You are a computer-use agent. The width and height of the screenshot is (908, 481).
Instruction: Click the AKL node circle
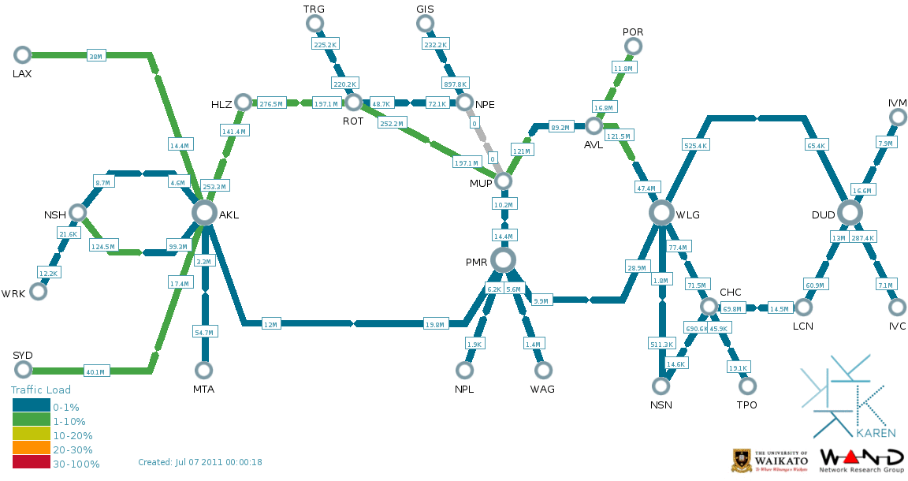(x=204, y=212)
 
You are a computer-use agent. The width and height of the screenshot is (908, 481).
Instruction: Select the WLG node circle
(x=663, y=212)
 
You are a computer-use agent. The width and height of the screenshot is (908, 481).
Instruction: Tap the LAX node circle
(x=22, y=54)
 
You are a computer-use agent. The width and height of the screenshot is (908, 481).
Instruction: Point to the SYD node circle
(x=22, y=370)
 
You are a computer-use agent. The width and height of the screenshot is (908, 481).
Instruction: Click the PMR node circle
(x=503, y=259)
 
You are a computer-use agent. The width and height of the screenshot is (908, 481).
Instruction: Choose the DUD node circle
(x=850, y=212)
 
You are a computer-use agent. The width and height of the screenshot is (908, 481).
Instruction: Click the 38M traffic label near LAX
(x=95, y=56)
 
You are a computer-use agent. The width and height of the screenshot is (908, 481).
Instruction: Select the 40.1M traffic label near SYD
(x=95, y=371)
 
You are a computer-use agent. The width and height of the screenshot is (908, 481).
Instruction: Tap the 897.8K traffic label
(x=455, y=84)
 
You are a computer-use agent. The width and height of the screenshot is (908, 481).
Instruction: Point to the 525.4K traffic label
(x=695, y=145)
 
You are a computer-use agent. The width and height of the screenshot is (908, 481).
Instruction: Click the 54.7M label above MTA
(x=204, y=333)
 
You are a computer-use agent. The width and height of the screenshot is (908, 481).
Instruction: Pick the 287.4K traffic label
(x=863, y=237)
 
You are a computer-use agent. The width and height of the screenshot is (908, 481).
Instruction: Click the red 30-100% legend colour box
(x=31, y=464)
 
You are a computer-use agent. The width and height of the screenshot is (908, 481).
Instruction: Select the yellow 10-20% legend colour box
(x=31, y=434)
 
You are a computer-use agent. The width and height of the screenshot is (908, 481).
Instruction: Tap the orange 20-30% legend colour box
(x=31, y=449)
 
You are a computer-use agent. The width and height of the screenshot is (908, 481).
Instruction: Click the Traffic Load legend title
(x=40, y=390)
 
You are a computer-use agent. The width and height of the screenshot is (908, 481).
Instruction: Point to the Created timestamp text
(x=199, y=462)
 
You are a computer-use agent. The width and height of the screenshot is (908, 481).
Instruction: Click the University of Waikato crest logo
(x=742, y=460)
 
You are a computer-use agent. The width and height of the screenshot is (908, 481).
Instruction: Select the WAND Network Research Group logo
(x=861, y=460)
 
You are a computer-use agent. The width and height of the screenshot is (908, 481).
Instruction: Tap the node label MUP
(x=480, y=183)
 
